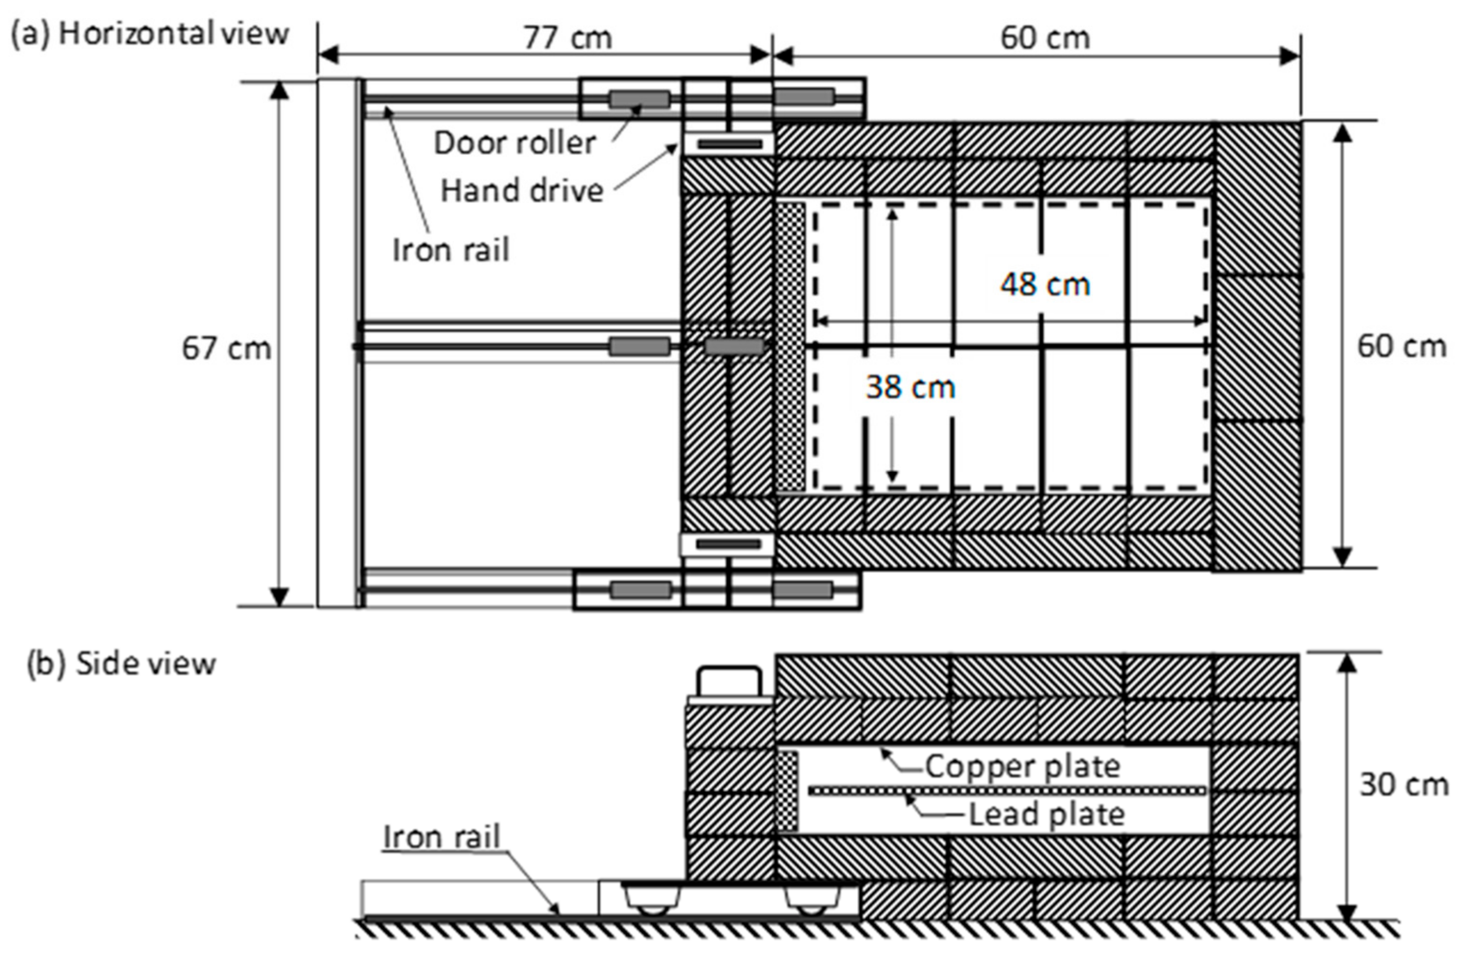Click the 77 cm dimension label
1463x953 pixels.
pos(568,38)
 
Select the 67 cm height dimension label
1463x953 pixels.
pos(226,348)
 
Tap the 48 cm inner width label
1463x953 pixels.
pos(1044,284)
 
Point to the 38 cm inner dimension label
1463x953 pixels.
pos(910,387)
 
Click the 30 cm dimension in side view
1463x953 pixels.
pos(1403,785)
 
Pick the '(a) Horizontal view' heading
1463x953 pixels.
pos(149,33)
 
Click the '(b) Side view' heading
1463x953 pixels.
pos(121,664)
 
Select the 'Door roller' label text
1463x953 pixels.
pos(515,143)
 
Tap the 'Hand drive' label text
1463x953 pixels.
pos(522,191)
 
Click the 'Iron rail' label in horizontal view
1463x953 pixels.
pos(451,250)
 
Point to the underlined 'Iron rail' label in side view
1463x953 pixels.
pos(441,837)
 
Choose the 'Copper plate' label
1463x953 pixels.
pos(1022,766)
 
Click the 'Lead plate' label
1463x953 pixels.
pos(1046,814)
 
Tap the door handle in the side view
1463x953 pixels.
pos(729,682)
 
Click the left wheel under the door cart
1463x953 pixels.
pos(652,907)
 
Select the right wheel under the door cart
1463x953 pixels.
pos(811,907)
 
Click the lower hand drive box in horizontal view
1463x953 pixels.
pos(728,544)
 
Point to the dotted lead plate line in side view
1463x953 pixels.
pos(1008,790)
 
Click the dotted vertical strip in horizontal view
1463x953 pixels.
pos(791,347)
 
